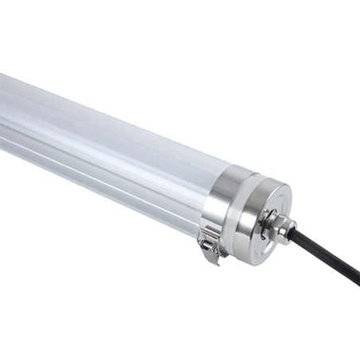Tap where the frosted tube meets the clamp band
coord(205,195)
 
